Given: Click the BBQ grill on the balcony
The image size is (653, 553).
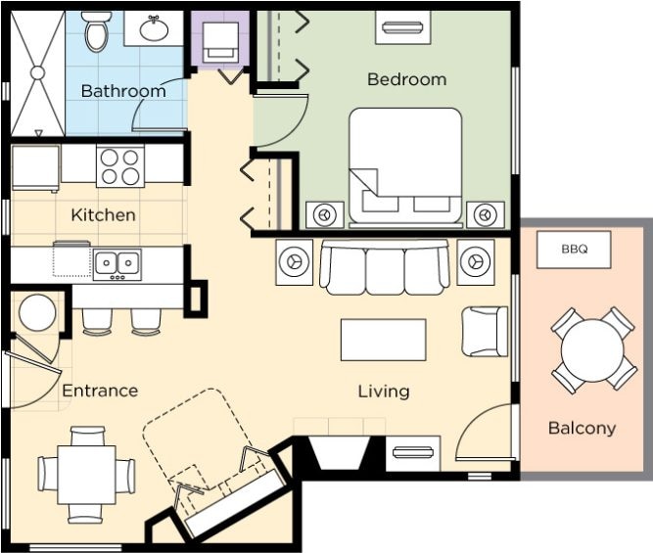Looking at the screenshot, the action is click(574, 250).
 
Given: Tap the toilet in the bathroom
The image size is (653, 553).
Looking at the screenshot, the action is click(98, 30).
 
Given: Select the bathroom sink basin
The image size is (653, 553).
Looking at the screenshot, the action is click(154, 28).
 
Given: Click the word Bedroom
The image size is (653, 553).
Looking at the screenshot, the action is click(407, 79).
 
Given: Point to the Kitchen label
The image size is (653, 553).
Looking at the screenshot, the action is click(103, 215).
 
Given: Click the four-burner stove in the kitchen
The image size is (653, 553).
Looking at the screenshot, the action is click(120, 165).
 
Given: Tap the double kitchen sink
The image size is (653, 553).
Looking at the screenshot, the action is click(117, 264).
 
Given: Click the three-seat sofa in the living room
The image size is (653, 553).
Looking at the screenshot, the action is click(385, 267).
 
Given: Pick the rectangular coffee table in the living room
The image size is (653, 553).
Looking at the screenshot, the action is click(383, 340).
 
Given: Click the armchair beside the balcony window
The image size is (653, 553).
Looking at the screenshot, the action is click(485, 332).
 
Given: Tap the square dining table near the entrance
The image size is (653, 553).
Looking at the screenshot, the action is click(86, 475).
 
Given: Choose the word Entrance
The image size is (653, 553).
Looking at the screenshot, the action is click(100, 391).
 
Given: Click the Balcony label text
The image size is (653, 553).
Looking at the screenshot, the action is click(582, 428).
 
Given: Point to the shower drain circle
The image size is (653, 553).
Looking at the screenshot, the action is click(37, 72).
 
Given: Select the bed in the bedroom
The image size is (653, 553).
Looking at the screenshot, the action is click(405, 165).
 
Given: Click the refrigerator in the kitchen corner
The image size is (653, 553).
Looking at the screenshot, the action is click(35, 167).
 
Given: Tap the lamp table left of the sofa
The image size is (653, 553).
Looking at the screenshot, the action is click(295, 262).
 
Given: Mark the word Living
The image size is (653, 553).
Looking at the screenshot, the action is click(384, 392).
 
